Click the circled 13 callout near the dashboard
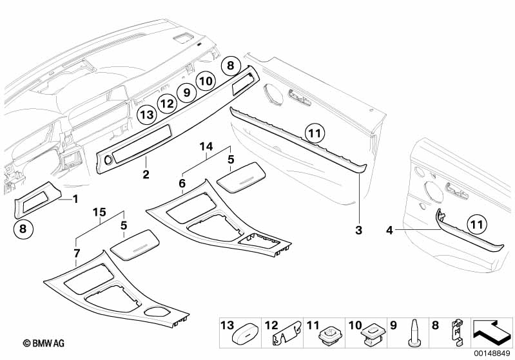coord(147,115)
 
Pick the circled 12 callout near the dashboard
coord(167,102)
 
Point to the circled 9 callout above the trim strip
coord(186,92)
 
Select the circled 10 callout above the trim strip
coord(206,81)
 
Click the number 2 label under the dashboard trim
coord(146,175)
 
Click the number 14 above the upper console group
coord(206,147)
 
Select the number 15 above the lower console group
coord(99,212)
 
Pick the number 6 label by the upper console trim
coord(182,183)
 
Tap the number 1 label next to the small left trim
coord(75,199)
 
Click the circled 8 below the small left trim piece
coord(23,227)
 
